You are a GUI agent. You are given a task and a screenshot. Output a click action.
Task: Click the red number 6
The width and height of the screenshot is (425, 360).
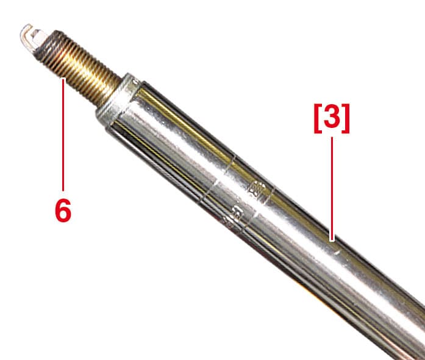tap(63, 210)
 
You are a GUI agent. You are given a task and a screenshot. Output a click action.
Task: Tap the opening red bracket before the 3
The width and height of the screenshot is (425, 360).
tap(318, 118)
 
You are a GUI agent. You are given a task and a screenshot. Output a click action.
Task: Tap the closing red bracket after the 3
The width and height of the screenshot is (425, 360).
tap(346, 118)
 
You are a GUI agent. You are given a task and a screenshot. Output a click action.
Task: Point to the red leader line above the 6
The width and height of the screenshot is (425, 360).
tap(63, 135)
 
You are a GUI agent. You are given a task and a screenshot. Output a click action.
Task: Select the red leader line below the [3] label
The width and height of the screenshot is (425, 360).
tap(332, 189)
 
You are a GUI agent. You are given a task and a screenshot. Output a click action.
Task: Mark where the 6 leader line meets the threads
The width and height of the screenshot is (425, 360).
tap(63, 79)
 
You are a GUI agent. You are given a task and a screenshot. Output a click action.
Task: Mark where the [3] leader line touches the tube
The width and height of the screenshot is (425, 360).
tap(332, 241)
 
